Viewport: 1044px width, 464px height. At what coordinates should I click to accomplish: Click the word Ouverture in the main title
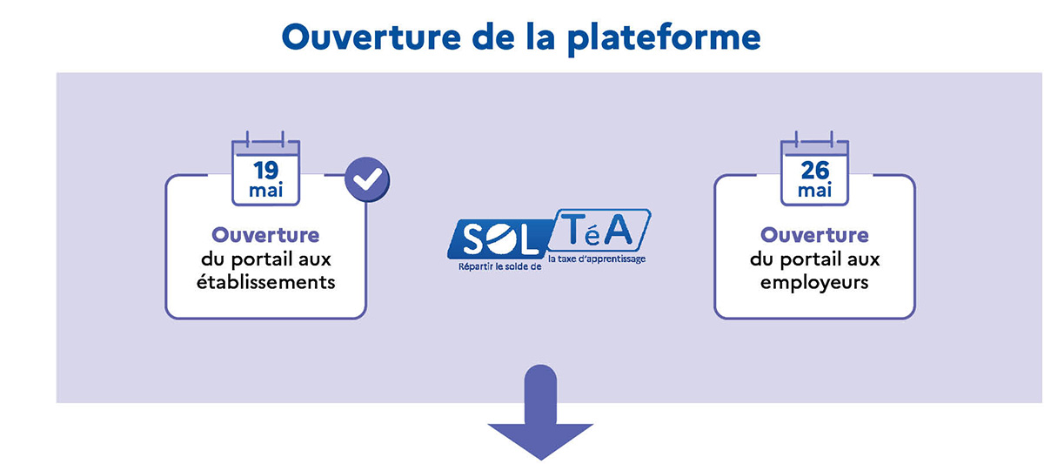coord(371,37)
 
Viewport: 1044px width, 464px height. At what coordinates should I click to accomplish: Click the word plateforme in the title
coord(664,39)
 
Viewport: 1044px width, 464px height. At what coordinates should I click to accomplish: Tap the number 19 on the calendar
coord(266,171)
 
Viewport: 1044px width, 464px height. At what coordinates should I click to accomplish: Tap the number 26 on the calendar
coord(815,171)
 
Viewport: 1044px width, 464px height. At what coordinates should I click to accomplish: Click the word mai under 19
coord(265,191)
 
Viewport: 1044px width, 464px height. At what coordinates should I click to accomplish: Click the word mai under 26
coord(814,191)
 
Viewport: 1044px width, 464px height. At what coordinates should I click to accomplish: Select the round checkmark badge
coord(367,179)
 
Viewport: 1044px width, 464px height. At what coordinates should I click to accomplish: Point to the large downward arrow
coord(540,413)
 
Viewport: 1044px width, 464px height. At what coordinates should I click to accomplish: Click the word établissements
coord(265,282)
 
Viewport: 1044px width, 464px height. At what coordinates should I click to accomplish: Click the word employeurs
coord(814,283)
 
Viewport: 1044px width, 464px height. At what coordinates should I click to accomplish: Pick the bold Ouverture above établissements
coord(265,235)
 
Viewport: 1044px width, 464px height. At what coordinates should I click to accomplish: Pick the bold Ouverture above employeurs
coord(814,235)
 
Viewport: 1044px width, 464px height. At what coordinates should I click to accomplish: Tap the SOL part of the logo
coord(499,239)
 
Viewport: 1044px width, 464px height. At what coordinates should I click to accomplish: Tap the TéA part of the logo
coord(599,231)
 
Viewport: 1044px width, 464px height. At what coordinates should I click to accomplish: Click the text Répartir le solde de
coord(500,266)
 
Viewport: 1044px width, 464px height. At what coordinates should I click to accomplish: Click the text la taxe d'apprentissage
coord(597,259)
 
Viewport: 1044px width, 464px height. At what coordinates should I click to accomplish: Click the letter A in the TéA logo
coord(619,231)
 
